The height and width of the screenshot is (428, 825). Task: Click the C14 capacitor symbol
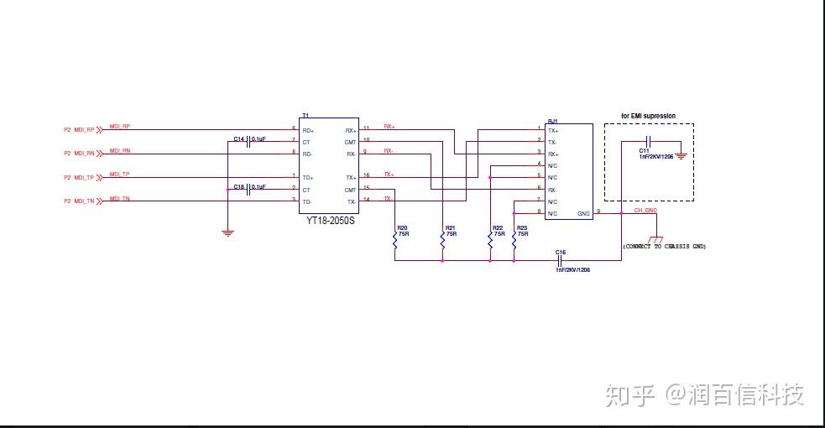[x=249, y=142]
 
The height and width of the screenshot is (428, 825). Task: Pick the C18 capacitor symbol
[x=249, y=189]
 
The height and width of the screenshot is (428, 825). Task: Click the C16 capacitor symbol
[x=561, y=260]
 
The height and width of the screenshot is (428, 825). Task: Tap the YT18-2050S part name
[x=331, y=221]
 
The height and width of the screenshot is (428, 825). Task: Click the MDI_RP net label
[x=120, y=127]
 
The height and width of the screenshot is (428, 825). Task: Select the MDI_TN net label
[x=120, y=199]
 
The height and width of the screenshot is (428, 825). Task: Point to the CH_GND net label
[x=645, y=211]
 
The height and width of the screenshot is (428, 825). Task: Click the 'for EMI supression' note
[x=648, y=116]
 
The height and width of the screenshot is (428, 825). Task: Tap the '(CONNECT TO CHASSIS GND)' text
[x=664, y=247]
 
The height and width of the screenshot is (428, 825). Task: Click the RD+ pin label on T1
[x=308, y=130]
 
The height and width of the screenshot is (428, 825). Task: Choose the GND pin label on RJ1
[x=583, y=214]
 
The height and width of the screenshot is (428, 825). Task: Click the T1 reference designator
[x=305, y=115]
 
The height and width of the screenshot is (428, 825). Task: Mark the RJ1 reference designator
[x=552, y=121]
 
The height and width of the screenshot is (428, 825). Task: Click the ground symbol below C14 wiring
[x=227, y=233]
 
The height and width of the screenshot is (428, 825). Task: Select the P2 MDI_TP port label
[x=79, y=177]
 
